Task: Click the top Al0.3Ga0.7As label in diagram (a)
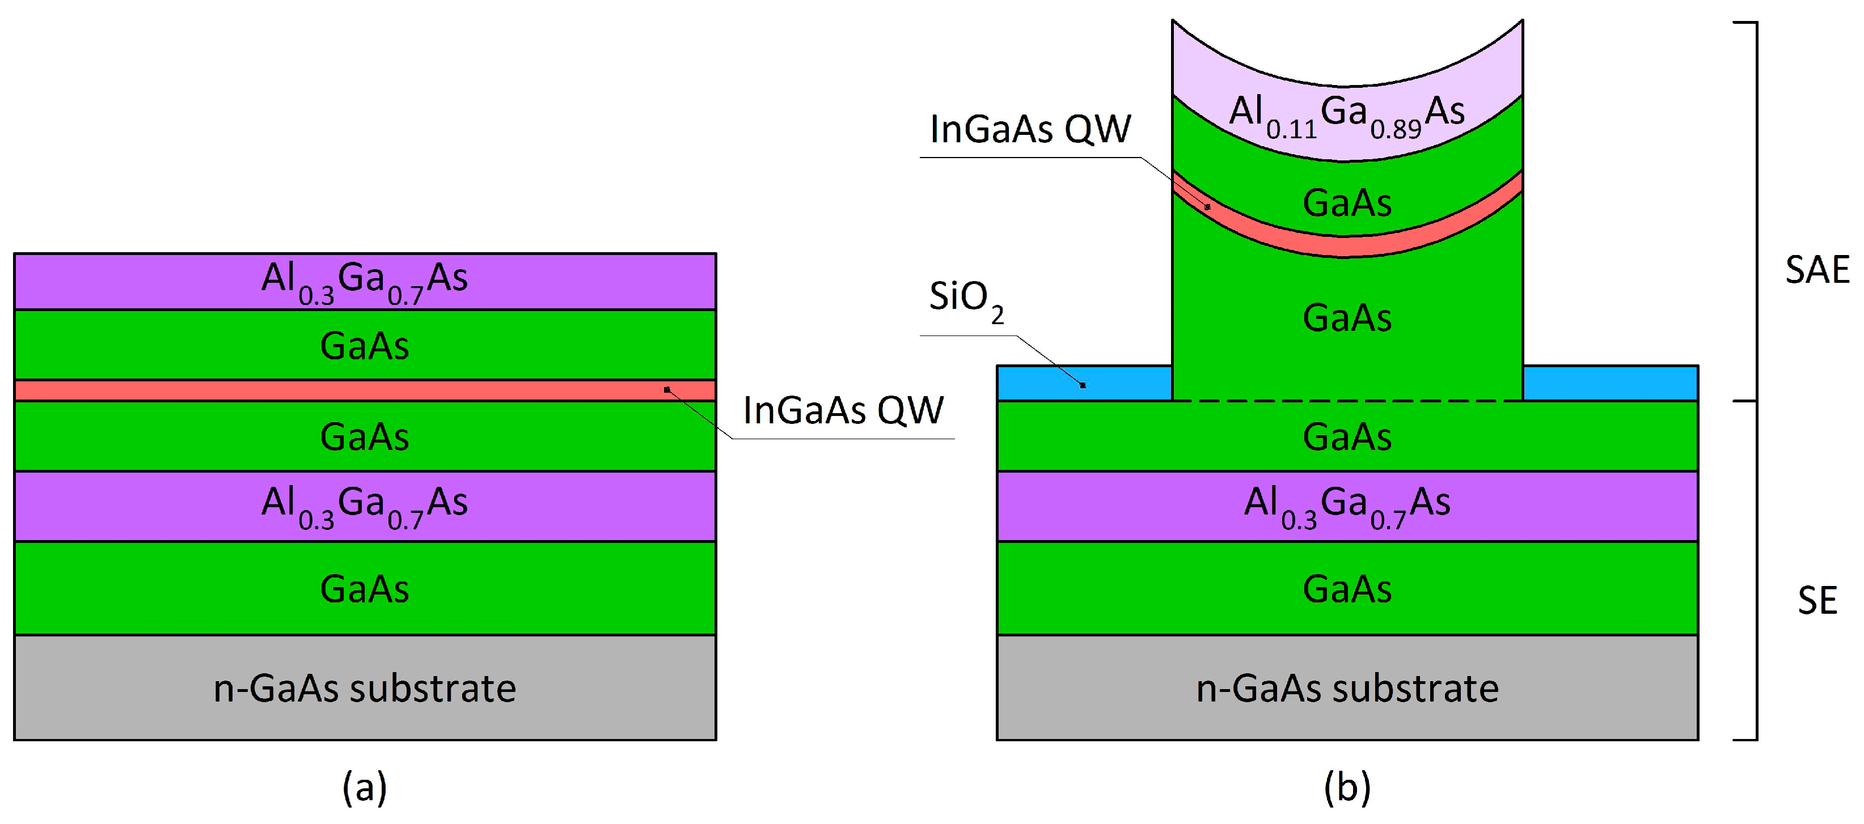point(365,281)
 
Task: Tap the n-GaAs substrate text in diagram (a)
point(365,688)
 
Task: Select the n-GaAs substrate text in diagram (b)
point(1347,688)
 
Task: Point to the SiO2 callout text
point(966,299)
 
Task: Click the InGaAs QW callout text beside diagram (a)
point(843,411)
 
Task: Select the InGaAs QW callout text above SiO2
point(1030,130)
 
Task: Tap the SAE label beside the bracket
point(1816,270)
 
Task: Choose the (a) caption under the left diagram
point(365,787)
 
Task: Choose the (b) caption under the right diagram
point(1347,787)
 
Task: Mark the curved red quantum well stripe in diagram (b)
point(1347,246)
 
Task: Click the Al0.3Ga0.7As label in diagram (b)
point(1347,505)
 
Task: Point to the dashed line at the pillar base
point(1347,400)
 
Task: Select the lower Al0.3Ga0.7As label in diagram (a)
point(365,505)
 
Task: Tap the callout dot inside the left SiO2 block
point(1083,385)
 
